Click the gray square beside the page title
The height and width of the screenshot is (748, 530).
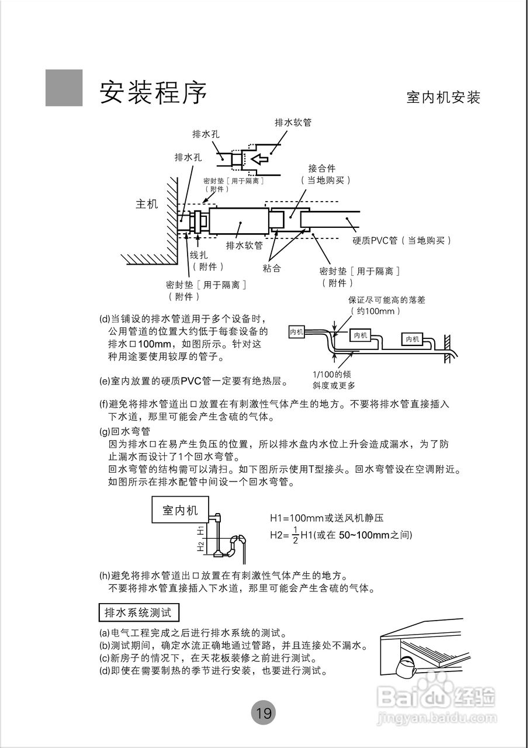64,88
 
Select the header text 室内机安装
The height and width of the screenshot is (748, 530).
443,98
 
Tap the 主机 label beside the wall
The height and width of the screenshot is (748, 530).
147,205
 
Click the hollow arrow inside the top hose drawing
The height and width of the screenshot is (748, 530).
258,158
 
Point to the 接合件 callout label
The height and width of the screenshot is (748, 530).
322,169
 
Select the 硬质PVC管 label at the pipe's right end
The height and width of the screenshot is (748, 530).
402,240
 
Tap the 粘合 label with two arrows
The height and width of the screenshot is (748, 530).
272,268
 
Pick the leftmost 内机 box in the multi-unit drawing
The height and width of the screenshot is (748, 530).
297,332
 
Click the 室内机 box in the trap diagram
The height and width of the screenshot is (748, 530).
180,510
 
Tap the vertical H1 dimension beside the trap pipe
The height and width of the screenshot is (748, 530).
200,530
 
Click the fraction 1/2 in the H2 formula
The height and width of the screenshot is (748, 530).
295,535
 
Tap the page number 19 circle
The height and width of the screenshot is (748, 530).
263,713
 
